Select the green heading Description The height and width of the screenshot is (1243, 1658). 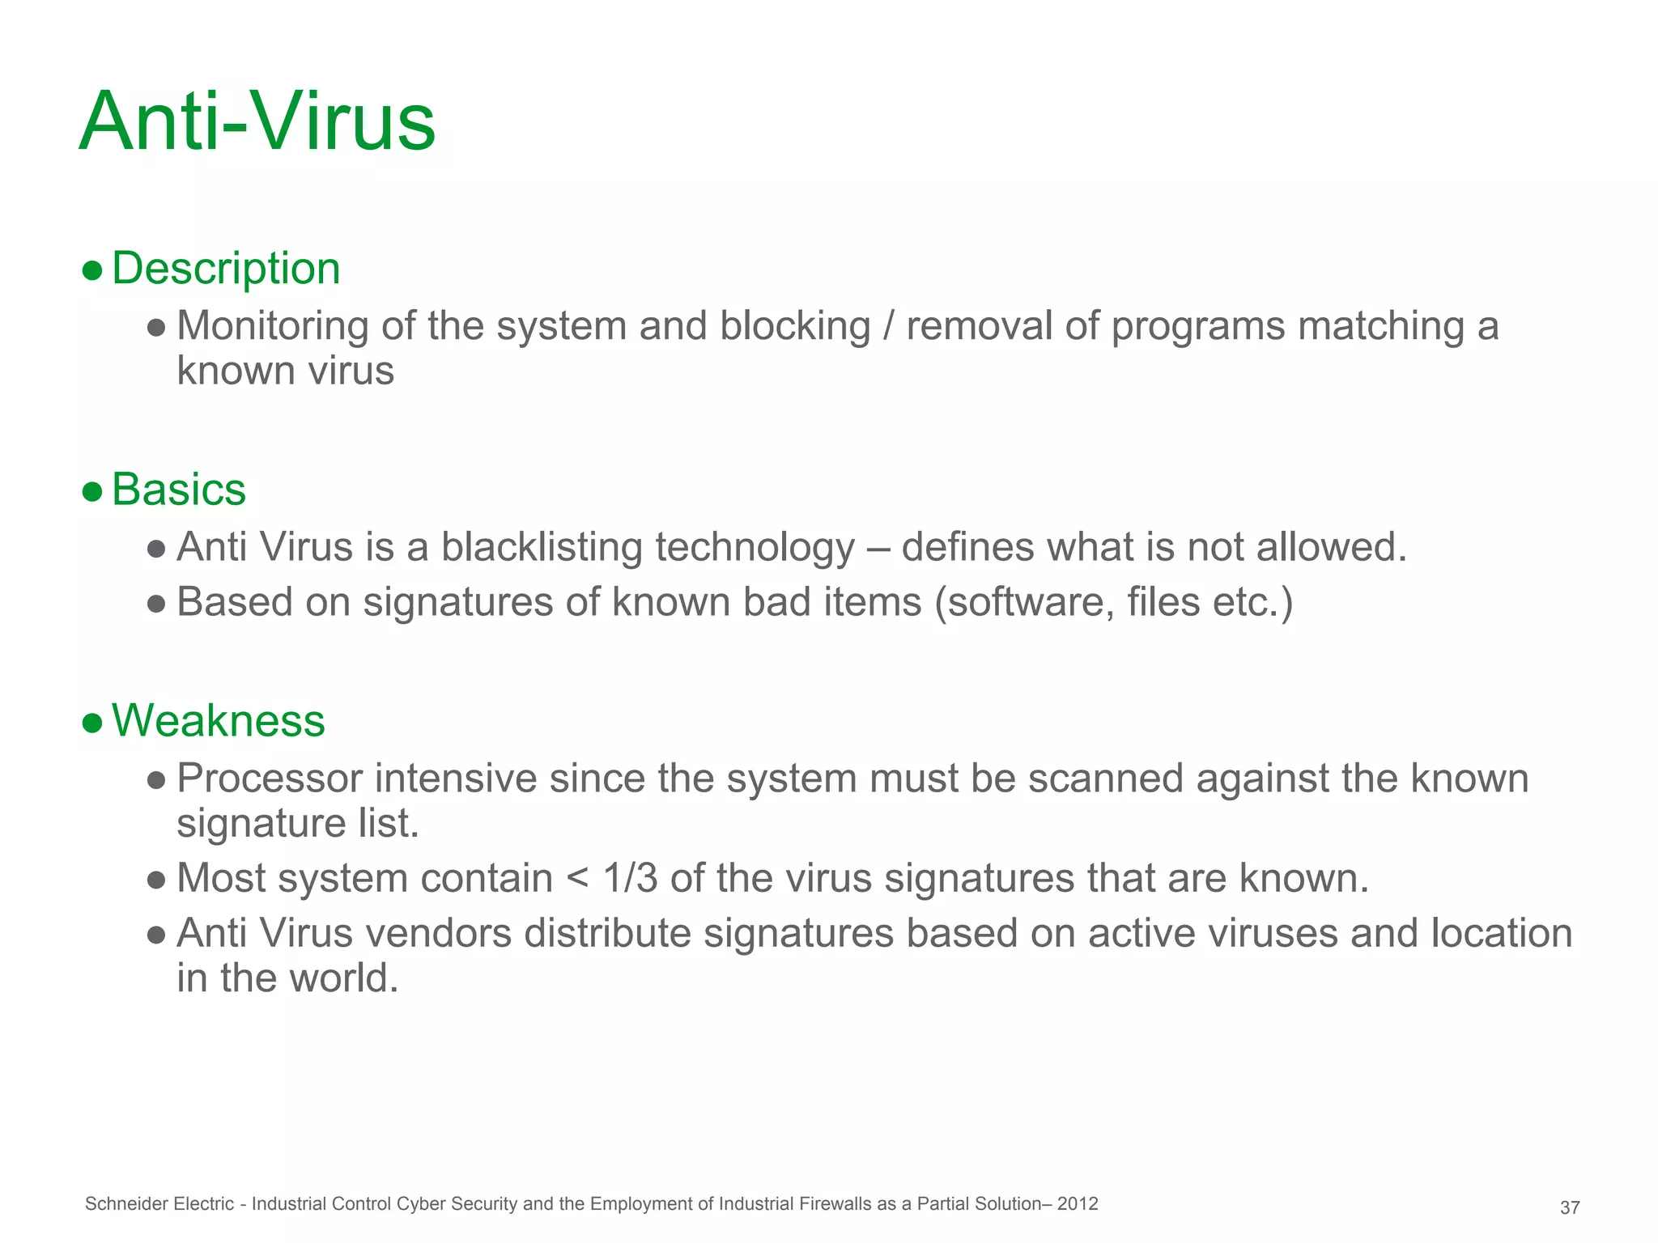pyautogui.click(x=226, y=268)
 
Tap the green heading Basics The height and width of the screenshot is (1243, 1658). pyautogui.click(x=179, y=490)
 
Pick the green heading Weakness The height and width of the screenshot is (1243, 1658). pyautogui.click(x=219, y=720)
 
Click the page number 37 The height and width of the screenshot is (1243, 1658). pyautogui.click(x=1570, y=1208)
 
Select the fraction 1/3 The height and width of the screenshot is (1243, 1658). pyautogui.click(x=630, y=879)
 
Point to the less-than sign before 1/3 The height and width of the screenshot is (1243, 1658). pyautogui.click(x=578, y=879)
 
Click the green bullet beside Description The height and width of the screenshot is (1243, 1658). pyautogui.click(x=92, y=269)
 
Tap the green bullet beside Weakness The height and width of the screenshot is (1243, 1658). pyautogui.click(x=92, y=722)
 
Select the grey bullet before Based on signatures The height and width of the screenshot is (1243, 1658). pyautogui.click(x=157, y=604)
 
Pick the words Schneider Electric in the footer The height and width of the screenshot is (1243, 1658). pyautogui.click(x=159, y=1204)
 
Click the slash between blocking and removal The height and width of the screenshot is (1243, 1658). pyautogui.click(x=888, y=327)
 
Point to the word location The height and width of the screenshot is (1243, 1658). pyautogui.click(x=1502, y=933)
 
